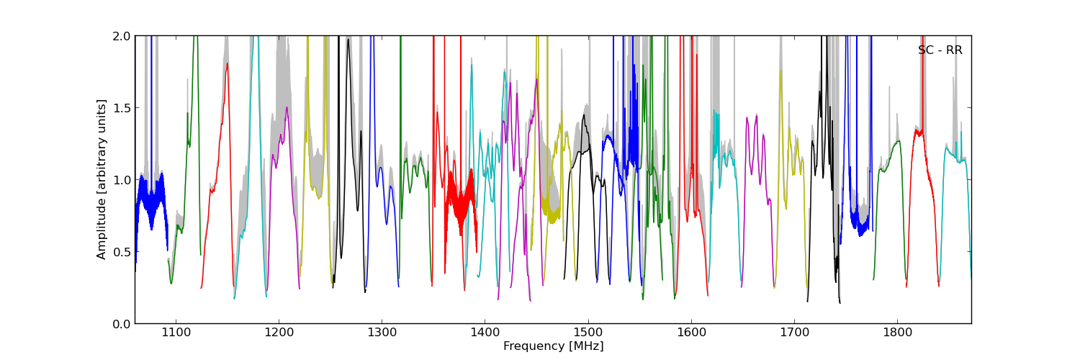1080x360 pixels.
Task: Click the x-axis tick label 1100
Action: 176,333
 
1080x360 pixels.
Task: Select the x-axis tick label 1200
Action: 279,333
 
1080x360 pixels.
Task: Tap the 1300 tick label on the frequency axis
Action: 382,333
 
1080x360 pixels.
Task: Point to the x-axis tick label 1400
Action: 485,333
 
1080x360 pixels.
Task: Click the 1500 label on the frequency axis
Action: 588,333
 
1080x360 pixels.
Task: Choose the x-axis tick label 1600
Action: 691,333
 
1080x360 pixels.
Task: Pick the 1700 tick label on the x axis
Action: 794,333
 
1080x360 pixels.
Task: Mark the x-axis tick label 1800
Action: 897,333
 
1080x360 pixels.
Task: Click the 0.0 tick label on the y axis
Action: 122,324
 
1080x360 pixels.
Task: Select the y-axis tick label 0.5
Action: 122,252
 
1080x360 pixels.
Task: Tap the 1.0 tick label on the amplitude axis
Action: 122,180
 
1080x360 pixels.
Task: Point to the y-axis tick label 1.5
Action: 122,108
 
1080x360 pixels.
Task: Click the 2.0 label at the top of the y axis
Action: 122,36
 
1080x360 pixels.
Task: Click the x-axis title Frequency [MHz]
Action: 553,346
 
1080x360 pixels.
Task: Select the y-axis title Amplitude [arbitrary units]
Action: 102,179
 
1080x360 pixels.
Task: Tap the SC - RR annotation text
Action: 940,50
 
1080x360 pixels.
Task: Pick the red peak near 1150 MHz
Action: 227,66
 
